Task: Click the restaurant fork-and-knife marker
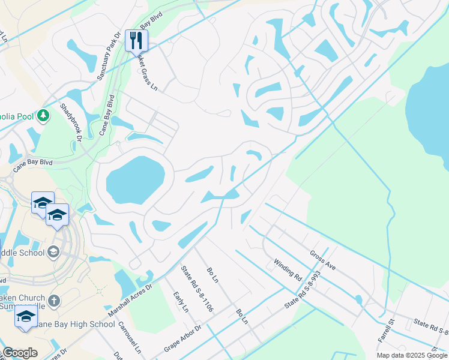136,41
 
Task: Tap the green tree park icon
43,115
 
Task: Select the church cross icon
54,300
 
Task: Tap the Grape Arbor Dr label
182,340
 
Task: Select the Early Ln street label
181,302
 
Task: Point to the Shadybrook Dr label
70,122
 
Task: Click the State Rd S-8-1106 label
199,291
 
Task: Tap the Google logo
20,353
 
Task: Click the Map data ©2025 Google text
412,355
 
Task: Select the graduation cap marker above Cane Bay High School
26,317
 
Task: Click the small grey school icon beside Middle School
55,251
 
